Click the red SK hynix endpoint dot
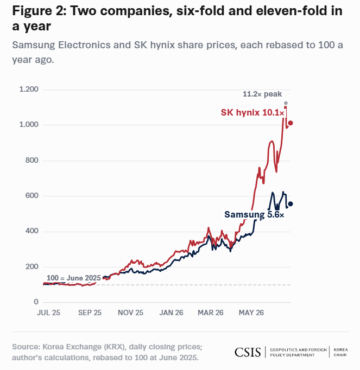click(290, 123)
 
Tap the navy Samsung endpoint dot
click(290, 204)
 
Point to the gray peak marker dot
click(286, 103)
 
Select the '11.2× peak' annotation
click(262, 94)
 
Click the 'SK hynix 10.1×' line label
click(252, 112)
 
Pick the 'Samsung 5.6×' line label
click(254, 214)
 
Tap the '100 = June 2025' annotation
click(74, 278)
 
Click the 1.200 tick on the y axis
click(29, 89)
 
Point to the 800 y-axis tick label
click(31, 160)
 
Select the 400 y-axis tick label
click(31, 231)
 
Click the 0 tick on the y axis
click(36, 302)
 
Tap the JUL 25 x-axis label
click(49, 312)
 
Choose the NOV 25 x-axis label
click(131, 312)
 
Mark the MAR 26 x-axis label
click(211, 312)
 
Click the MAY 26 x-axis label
click(251, 312)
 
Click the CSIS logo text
click(248, 352)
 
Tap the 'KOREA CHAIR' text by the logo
click(340, 352)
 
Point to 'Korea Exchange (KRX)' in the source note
click(84, 347)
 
